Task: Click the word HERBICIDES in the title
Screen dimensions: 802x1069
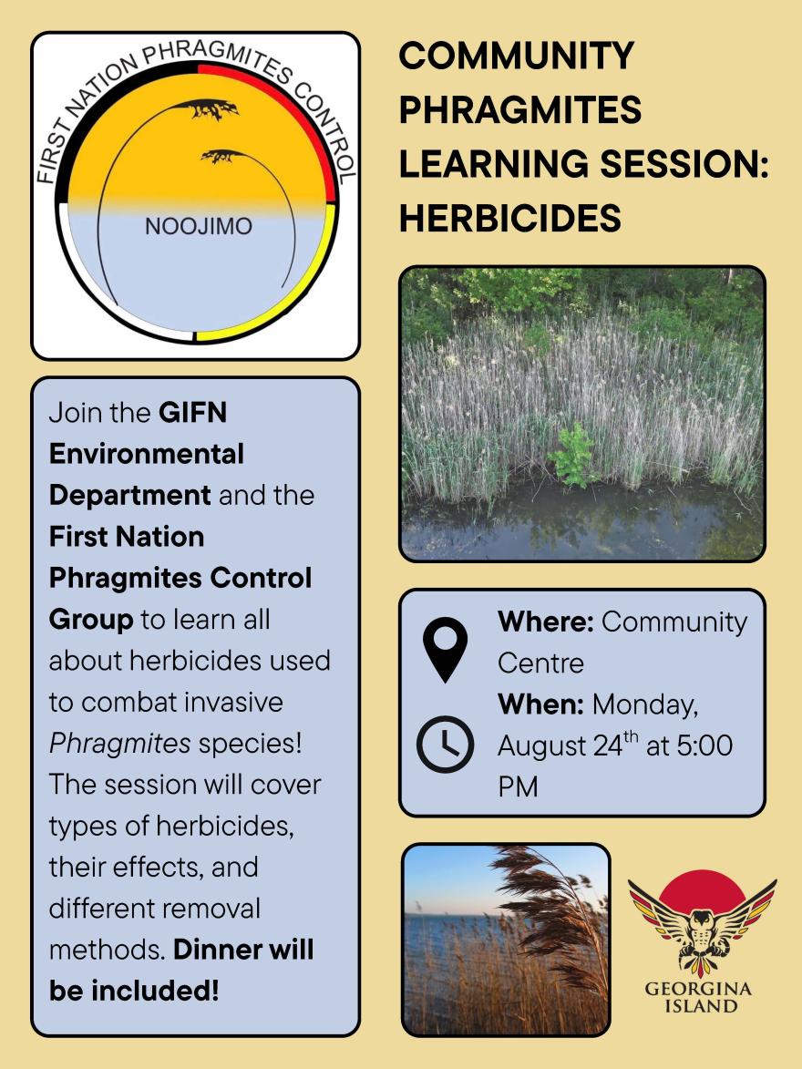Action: pos(510,218)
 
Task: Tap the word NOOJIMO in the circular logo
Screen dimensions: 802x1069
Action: pos(199,226)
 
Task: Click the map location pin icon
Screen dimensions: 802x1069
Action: pos(446,650)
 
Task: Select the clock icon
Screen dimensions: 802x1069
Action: pos(446,745)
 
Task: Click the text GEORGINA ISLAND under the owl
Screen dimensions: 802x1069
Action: pos(699,997)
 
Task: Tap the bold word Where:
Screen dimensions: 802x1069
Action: pos(546,622)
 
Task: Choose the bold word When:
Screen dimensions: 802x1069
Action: pos(540,704)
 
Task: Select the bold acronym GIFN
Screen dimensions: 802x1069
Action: pos(193,413)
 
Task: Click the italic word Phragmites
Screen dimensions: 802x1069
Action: pos(120,744)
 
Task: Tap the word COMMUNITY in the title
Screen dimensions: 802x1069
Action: pos(517,56)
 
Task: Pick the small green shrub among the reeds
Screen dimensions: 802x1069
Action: pos(574,455)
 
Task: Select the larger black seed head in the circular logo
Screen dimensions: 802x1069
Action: pos(204,108)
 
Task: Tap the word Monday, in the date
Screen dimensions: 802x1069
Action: pos(645,705)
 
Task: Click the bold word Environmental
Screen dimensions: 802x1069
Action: pos(147,454)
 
